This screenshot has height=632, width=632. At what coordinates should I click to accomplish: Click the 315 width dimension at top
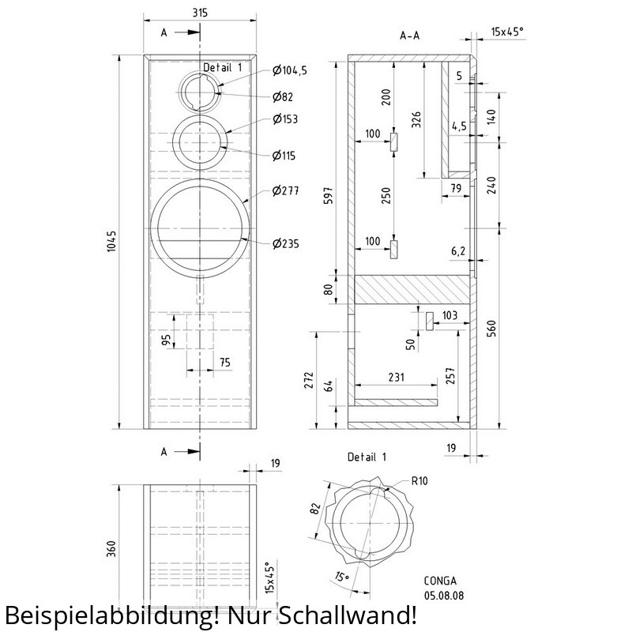200,13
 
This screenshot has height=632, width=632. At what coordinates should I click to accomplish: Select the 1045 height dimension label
111,242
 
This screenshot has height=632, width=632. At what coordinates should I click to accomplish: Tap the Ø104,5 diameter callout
290,70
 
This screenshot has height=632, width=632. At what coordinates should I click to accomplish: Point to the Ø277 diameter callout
286,190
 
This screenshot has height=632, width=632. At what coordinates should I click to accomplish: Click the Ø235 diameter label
286,243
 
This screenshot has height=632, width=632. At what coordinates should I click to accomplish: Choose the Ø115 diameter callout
284,155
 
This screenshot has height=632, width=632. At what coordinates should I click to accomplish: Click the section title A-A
409,36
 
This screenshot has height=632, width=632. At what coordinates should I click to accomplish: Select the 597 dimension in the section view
329,195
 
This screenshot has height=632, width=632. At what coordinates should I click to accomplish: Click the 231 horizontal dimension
397,377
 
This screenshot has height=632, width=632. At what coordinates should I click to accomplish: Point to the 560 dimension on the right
491,328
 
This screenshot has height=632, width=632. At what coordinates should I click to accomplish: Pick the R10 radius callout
419,480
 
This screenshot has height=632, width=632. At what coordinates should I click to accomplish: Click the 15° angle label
342,577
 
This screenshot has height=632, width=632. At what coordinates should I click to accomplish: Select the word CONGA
440,581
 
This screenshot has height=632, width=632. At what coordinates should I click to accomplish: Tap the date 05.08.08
444,596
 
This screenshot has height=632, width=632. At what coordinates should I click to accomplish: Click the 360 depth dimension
111,549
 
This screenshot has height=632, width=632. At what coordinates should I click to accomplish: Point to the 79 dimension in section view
456,188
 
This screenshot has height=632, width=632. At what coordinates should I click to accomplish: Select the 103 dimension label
450,314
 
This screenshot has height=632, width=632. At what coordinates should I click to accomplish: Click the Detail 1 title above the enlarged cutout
367,457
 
